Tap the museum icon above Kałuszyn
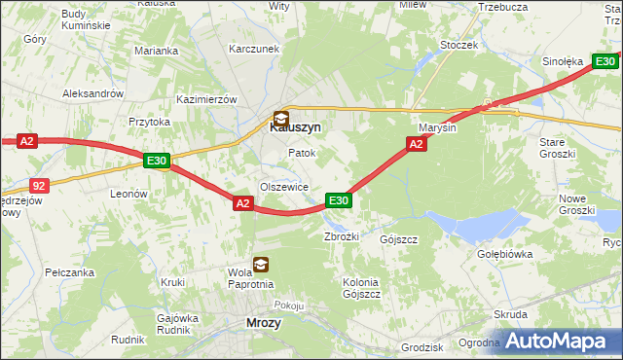(x=280, y=118)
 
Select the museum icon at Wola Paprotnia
(x=261, y=263)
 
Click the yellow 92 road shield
(x=38, y=183)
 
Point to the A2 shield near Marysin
(x=416, y=144)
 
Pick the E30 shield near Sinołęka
(x=604, y=61)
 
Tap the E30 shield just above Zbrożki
(x=338, y=200)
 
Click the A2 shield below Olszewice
(x=243, y=202)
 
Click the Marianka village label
(x=157, y=51)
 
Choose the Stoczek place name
(x=458, y=45)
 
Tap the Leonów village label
(x=128, y=194)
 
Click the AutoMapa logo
(x=559, y=342)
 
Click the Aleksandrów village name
(x=92, y=93)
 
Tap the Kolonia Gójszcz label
(x=360, y=288)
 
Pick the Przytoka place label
(x=150, y=122)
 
